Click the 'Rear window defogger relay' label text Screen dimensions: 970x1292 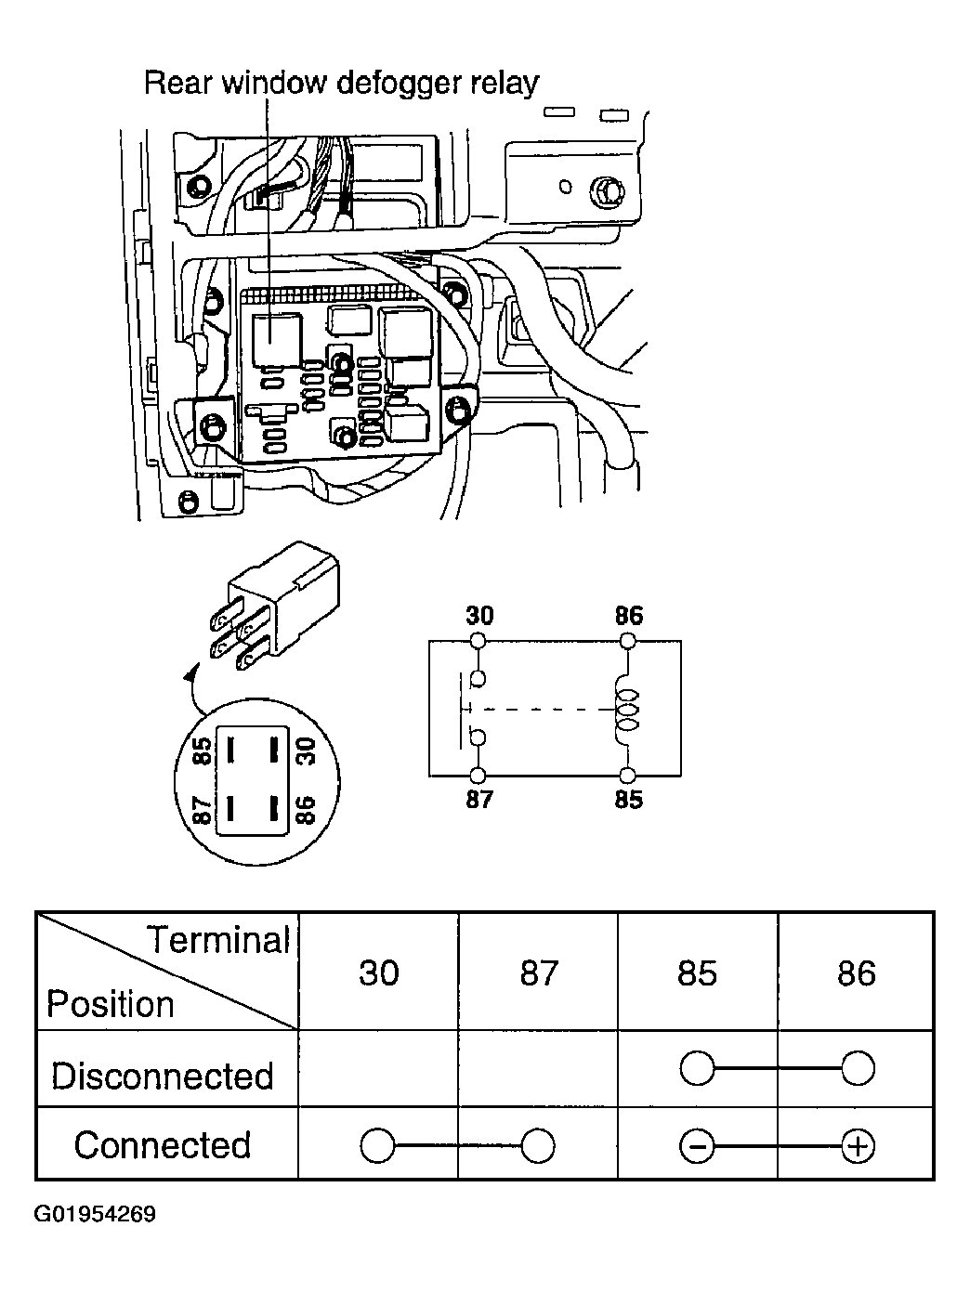(341, 84)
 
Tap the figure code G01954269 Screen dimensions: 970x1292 (95, 1213)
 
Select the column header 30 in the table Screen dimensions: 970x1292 (378, 973)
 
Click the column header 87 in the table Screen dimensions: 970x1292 (539, 973)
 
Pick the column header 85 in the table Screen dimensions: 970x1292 (697, 973)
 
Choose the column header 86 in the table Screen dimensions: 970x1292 (857, 973)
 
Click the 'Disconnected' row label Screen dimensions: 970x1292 (163, 1076)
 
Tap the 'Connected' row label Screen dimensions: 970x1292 (163, 1145)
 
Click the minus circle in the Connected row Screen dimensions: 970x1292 (697, 1146)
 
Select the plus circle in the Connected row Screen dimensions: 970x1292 (858, 1146)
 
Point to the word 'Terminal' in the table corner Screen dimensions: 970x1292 (217, 940)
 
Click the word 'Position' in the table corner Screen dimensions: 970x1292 (111, 1003)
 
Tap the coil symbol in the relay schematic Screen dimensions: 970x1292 (627, 710)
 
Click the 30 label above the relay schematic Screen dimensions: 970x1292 (479, 616)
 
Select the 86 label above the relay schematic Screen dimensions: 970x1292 (629, 616)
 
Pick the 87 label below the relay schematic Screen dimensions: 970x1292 (479, 800)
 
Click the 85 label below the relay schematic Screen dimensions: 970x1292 (629, 800)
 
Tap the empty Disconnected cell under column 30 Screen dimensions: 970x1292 (378, 1068)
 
